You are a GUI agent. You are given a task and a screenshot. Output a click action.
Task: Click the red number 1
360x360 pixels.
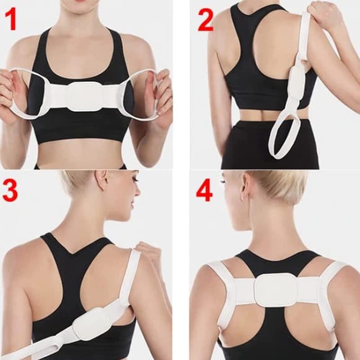click(x=11, y=20)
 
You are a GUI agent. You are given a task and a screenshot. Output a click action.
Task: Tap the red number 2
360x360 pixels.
click(x=205, y=20)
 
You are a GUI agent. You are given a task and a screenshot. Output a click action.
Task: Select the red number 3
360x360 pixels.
click(x=10, y=190)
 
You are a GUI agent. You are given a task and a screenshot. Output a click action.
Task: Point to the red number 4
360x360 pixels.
click(x=204, y=191)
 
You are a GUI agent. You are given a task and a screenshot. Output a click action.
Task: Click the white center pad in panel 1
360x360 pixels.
click(x=85, y=96)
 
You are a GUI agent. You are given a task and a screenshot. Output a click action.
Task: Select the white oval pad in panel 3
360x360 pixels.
click(x=91, y=323)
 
